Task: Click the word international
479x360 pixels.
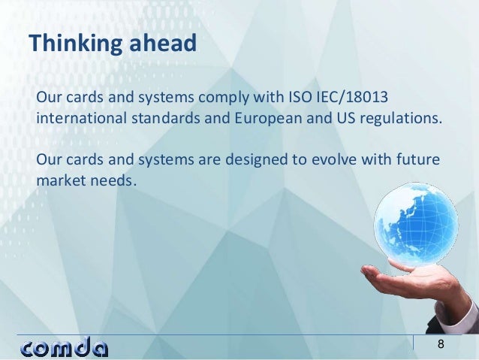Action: coord(77,120)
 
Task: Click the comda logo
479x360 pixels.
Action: coord(64,347)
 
